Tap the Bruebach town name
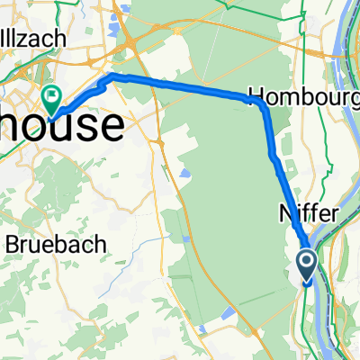(56, 244)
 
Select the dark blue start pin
(307, 265)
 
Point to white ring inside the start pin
(307, 262)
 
